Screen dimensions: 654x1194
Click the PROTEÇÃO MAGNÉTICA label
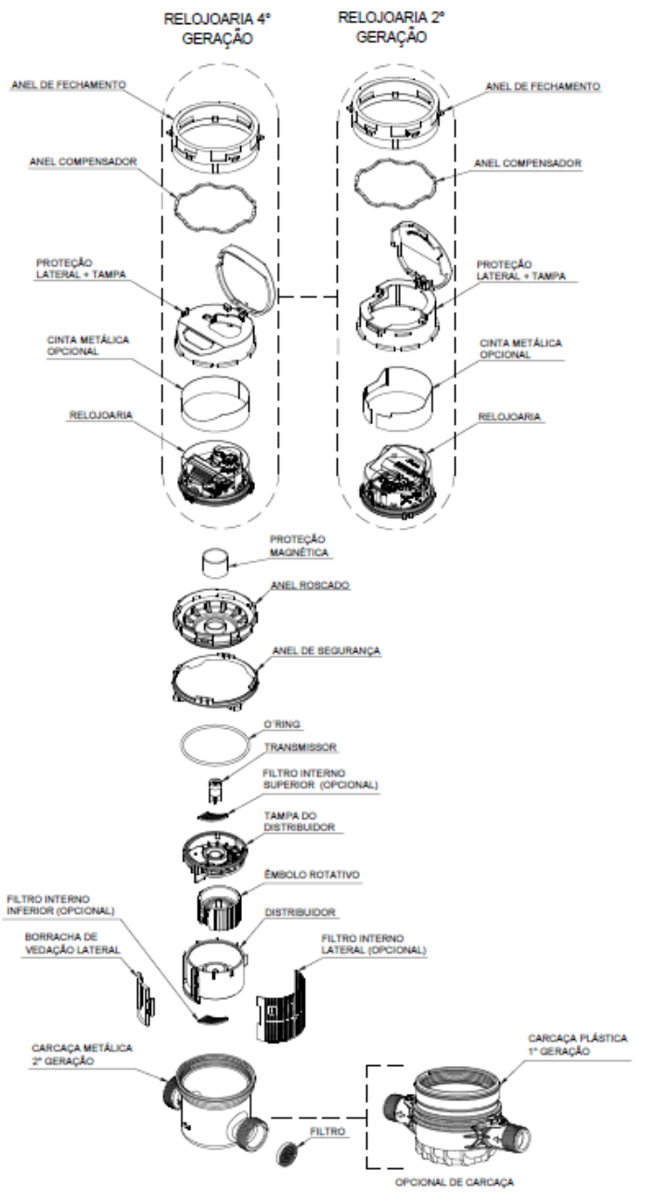[299, 546]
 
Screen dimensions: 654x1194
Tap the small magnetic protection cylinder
[215, 563]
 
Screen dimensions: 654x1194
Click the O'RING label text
[282, 725]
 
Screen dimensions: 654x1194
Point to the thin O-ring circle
[180, 744]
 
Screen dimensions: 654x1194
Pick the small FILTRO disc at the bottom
[289, 1153]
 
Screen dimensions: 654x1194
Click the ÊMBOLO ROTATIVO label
[312, 875]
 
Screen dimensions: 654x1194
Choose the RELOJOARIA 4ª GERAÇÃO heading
[217, 29]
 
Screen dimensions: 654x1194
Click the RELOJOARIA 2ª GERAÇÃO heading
[391, 27]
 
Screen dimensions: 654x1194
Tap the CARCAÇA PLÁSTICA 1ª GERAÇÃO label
[578, 1045]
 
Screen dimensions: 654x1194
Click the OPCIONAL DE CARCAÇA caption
[455, 1182]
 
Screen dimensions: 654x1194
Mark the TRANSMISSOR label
[300, 748]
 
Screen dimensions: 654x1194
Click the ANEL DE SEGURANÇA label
[327, 651]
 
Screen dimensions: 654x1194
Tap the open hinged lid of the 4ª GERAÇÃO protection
[247, 278]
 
